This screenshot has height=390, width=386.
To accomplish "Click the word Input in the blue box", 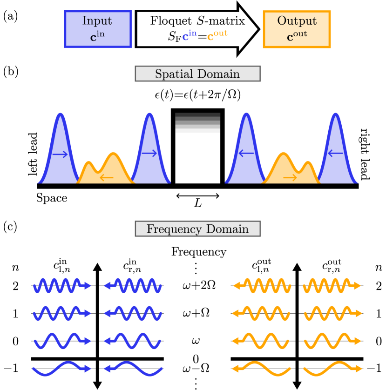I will coord(97,21).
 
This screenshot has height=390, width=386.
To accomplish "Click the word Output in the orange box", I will coord(297,21).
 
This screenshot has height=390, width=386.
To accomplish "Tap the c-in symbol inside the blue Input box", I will coord(97,37).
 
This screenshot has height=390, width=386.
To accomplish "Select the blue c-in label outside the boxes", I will coord(189,36).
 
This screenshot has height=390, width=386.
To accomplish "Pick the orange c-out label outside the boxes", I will coord(217,36).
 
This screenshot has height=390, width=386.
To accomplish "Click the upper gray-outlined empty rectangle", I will coord(197,74).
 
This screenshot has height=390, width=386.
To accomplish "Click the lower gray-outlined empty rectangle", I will coord(197,229).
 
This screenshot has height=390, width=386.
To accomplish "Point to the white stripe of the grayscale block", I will coord(197,131).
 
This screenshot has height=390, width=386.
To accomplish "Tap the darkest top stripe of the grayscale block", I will coord(197,114).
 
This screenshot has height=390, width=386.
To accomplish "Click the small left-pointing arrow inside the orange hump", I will coord(107,177).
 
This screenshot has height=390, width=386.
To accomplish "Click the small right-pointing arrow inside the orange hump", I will coord(290,177).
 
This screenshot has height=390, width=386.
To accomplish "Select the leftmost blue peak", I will coord(60,149).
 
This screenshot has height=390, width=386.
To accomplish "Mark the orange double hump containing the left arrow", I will coord(106,168).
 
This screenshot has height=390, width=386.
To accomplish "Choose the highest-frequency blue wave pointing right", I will coord(62,285).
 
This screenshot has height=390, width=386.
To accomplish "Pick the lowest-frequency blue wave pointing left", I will coord(133,369).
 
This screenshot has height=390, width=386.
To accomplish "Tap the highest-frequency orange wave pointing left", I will coord(262,285).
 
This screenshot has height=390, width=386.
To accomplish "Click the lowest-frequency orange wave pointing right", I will coord(332,369).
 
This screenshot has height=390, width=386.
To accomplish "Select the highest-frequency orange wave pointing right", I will coord(332,285).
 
